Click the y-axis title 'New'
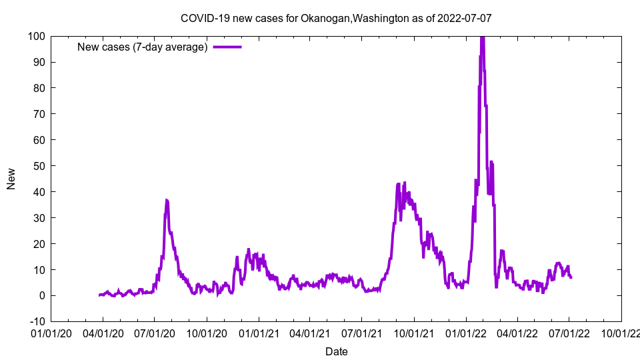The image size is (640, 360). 11,179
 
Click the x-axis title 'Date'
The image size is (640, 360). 336,351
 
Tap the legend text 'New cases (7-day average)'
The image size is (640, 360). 143,47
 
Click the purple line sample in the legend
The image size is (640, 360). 227,47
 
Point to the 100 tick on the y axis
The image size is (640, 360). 37,36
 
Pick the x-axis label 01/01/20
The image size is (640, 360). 51,332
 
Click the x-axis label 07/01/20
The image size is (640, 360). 155,332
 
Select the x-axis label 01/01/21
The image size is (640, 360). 259,332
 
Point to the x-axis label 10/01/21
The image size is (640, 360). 414,332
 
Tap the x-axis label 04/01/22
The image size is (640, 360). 517,332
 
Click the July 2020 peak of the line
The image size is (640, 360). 167,200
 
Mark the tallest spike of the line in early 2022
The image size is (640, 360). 482,37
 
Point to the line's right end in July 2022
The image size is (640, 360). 571,277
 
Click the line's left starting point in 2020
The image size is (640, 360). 99,295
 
